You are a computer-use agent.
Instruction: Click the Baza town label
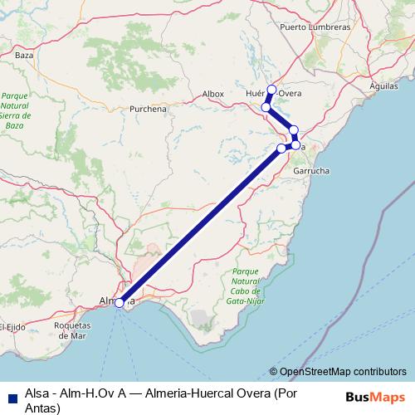24,55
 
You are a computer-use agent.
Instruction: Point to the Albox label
213,94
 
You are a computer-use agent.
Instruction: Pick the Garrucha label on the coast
313,169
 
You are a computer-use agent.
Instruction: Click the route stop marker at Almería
120,303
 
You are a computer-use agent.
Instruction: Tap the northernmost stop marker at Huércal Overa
271,89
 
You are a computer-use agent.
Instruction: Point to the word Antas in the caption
43,408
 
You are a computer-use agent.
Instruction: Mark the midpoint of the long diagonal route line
200,226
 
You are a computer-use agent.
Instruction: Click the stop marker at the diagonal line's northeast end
281,149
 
